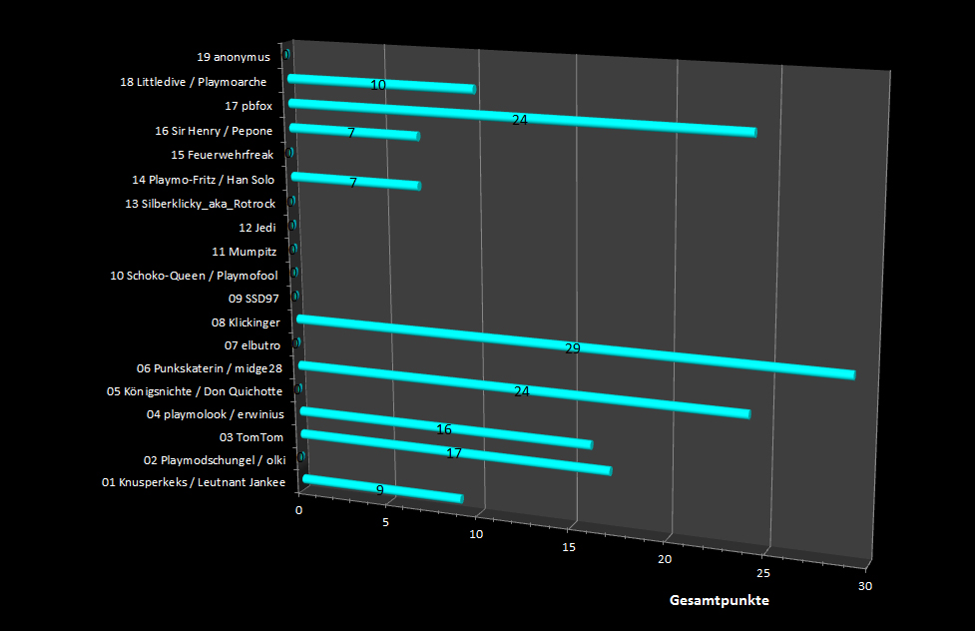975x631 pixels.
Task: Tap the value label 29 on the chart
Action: [572, 348]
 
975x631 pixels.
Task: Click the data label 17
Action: [454, 453]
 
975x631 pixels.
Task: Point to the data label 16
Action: [444, 429]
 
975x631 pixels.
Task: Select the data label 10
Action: [378, 85]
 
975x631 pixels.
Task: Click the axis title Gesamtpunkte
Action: [720, 601]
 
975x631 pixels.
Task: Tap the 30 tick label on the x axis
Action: [864, 586]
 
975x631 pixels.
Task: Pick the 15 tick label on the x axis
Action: [569, 547]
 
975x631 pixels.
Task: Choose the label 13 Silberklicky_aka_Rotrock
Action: [201, 204]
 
